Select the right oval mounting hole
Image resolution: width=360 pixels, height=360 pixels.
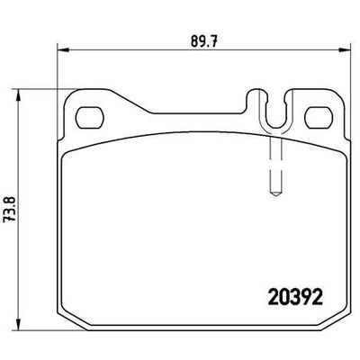point(319,116)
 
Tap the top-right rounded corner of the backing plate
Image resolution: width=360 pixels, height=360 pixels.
point(339,96)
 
